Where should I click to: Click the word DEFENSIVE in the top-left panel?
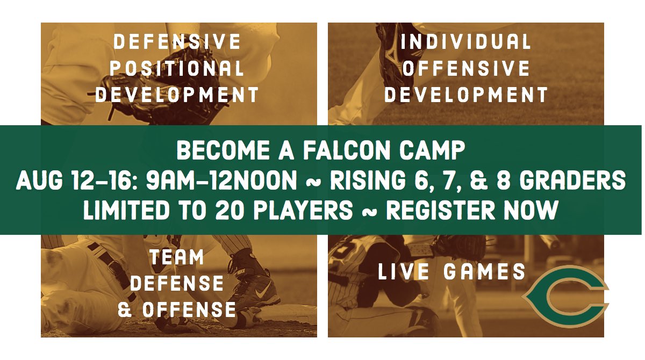coord(177,42)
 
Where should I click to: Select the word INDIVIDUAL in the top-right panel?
coord(466,42)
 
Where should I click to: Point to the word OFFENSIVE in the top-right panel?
coord(466,68)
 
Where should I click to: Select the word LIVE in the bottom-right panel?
coord(404,272)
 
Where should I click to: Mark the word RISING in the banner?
coord(367,182)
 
